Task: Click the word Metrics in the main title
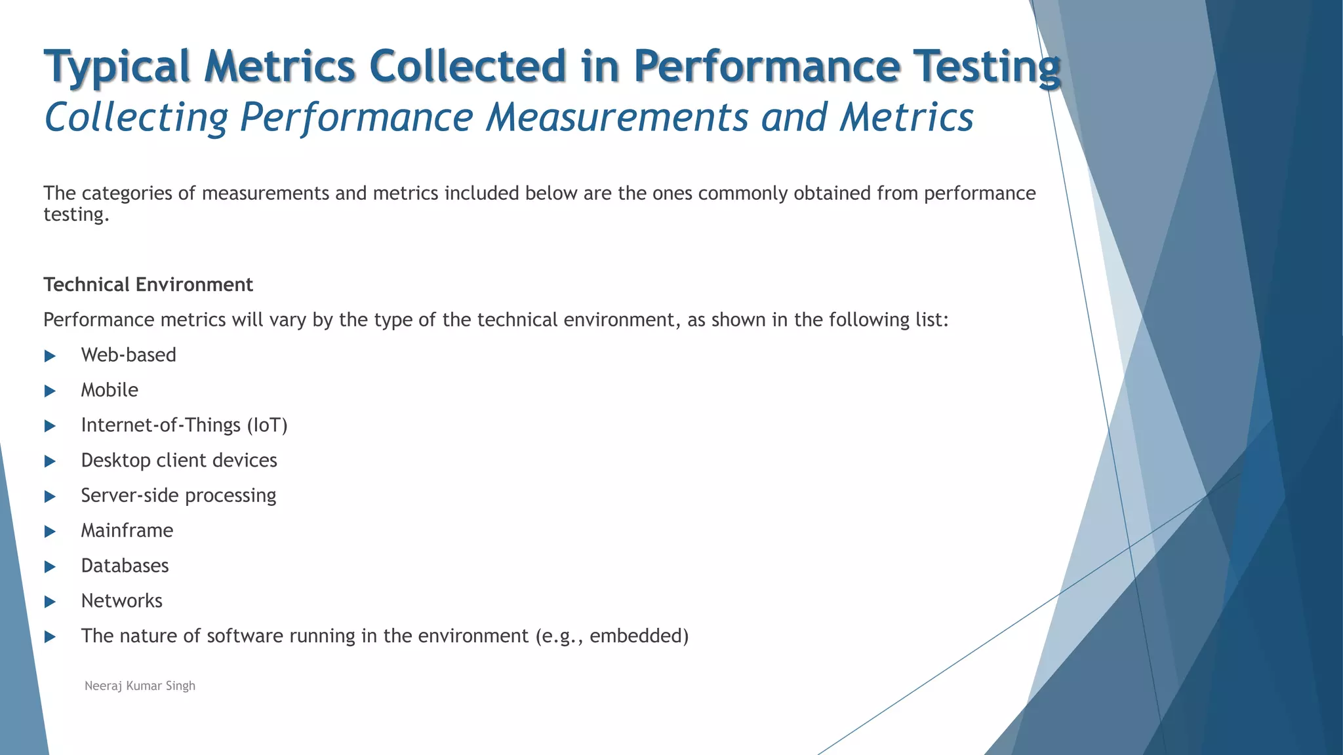pos(279,66)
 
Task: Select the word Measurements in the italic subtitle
pos(617,117)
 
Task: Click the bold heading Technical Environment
pos(148,284)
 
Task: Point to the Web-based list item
pos(129,355)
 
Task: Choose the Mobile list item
pos(110,390)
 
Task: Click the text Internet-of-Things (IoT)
pos(184,425)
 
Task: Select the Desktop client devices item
pos(179,460)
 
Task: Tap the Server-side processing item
pos(178,495)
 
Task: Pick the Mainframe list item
pos(127,530)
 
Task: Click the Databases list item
pos(125,566)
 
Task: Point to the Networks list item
pos(121,601)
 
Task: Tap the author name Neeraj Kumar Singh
pos(140,686)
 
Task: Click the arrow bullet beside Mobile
pos(50,391)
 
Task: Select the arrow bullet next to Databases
pos(50,567)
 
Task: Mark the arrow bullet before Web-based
pos(50,356)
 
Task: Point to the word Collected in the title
pos(467,66)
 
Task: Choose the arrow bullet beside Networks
pos(50,602)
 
